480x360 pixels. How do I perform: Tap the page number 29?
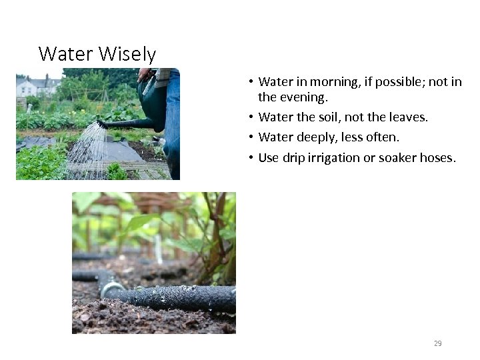tap(437, 343)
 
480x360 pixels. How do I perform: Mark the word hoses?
tap(437, 158)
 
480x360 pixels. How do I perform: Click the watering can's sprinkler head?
tap(102, 124)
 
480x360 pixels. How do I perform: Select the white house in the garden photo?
tap(26, 87)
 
